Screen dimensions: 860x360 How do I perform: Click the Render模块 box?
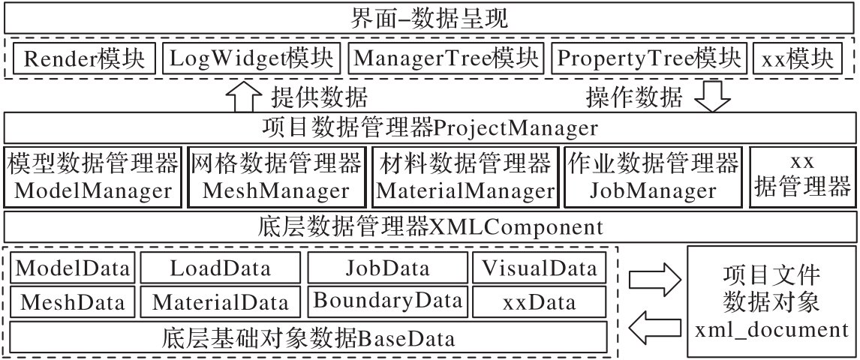click(85, 58)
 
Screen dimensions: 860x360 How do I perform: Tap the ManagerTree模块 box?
click(446, 58)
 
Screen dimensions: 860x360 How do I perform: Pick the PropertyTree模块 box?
click(649, 58)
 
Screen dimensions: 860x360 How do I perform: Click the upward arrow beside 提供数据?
click(243, 97)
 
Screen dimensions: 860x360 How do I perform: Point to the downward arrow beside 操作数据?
click(712, 97)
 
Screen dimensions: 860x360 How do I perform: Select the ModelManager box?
click(93, 177)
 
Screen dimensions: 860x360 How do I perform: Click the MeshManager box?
click(276, 177)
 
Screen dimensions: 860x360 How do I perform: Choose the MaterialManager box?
click(465, 177)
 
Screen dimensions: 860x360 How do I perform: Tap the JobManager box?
click(653, 177)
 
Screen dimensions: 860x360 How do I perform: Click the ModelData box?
click(72, 268)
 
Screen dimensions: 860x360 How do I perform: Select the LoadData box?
click(221, 268)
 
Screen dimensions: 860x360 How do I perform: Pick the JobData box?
click(388, 268)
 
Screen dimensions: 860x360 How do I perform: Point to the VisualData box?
click(540, 268)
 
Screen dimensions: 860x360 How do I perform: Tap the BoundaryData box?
click(388, 301)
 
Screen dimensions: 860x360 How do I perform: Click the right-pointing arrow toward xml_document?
click(655, 280)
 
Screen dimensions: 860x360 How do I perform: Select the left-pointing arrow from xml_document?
click(655, 327)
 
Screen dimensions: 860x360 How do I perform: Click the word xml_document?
click(771, 331)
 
